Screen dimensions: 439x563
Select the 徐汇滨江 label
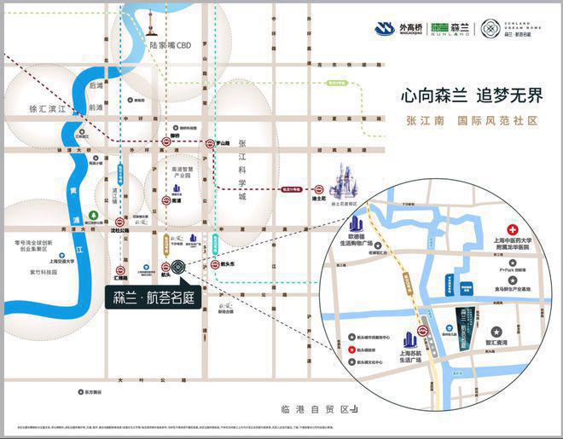[x=46, y=108]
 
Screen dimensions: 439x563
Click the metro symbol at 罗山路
[x=210, y=143]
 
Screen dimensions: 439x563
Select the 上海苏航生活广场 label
[x=411, y=353]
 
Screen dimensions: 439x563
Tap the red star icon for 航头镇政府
[x=351, y=350]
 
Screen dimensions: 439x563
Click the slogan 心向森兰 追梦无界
[x=472, y=95]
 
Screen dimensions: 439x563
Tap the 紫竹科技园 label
[x=40, y=272]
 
